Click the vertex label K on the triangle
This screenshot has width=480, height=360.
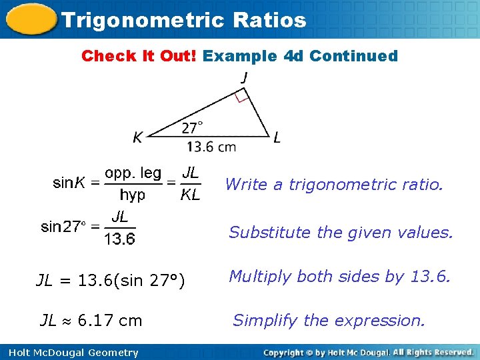point(137,138)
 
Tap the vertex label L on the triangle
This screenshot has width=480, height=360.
point(277,138)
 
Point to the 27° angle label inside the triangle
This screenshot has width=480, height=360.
point(191,127)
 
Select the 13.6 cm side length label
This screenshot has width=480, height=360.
point(211,147)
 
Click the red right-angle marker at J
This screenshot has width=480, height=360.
point(242,97)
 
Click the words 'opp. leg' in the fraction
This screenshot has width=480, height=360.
point(133,173)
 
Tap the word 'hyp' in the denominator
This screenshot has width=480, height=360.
point(133,195)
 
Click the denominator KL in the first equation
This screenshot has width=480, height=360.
point(190,195)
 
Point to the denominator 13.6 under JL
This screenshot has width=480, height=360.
point(120,238)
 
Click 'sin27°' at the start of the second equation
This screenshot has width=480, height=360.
point(63,227)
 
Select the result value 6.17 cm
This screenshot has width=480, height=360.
point(109,321)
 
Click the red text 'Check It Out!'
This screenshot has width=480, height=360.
point(139,56)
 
